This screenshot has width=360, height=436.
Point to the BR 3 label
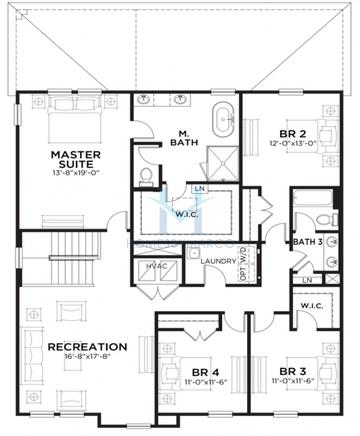(x=293, y=368)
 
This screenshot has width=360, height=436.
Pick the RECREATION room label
(x=87, y=347)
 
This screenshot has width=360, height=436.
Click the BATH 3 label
(x=308, y=241)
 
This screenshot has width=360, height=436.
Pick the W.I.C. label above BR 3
(x=310, y=306)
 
